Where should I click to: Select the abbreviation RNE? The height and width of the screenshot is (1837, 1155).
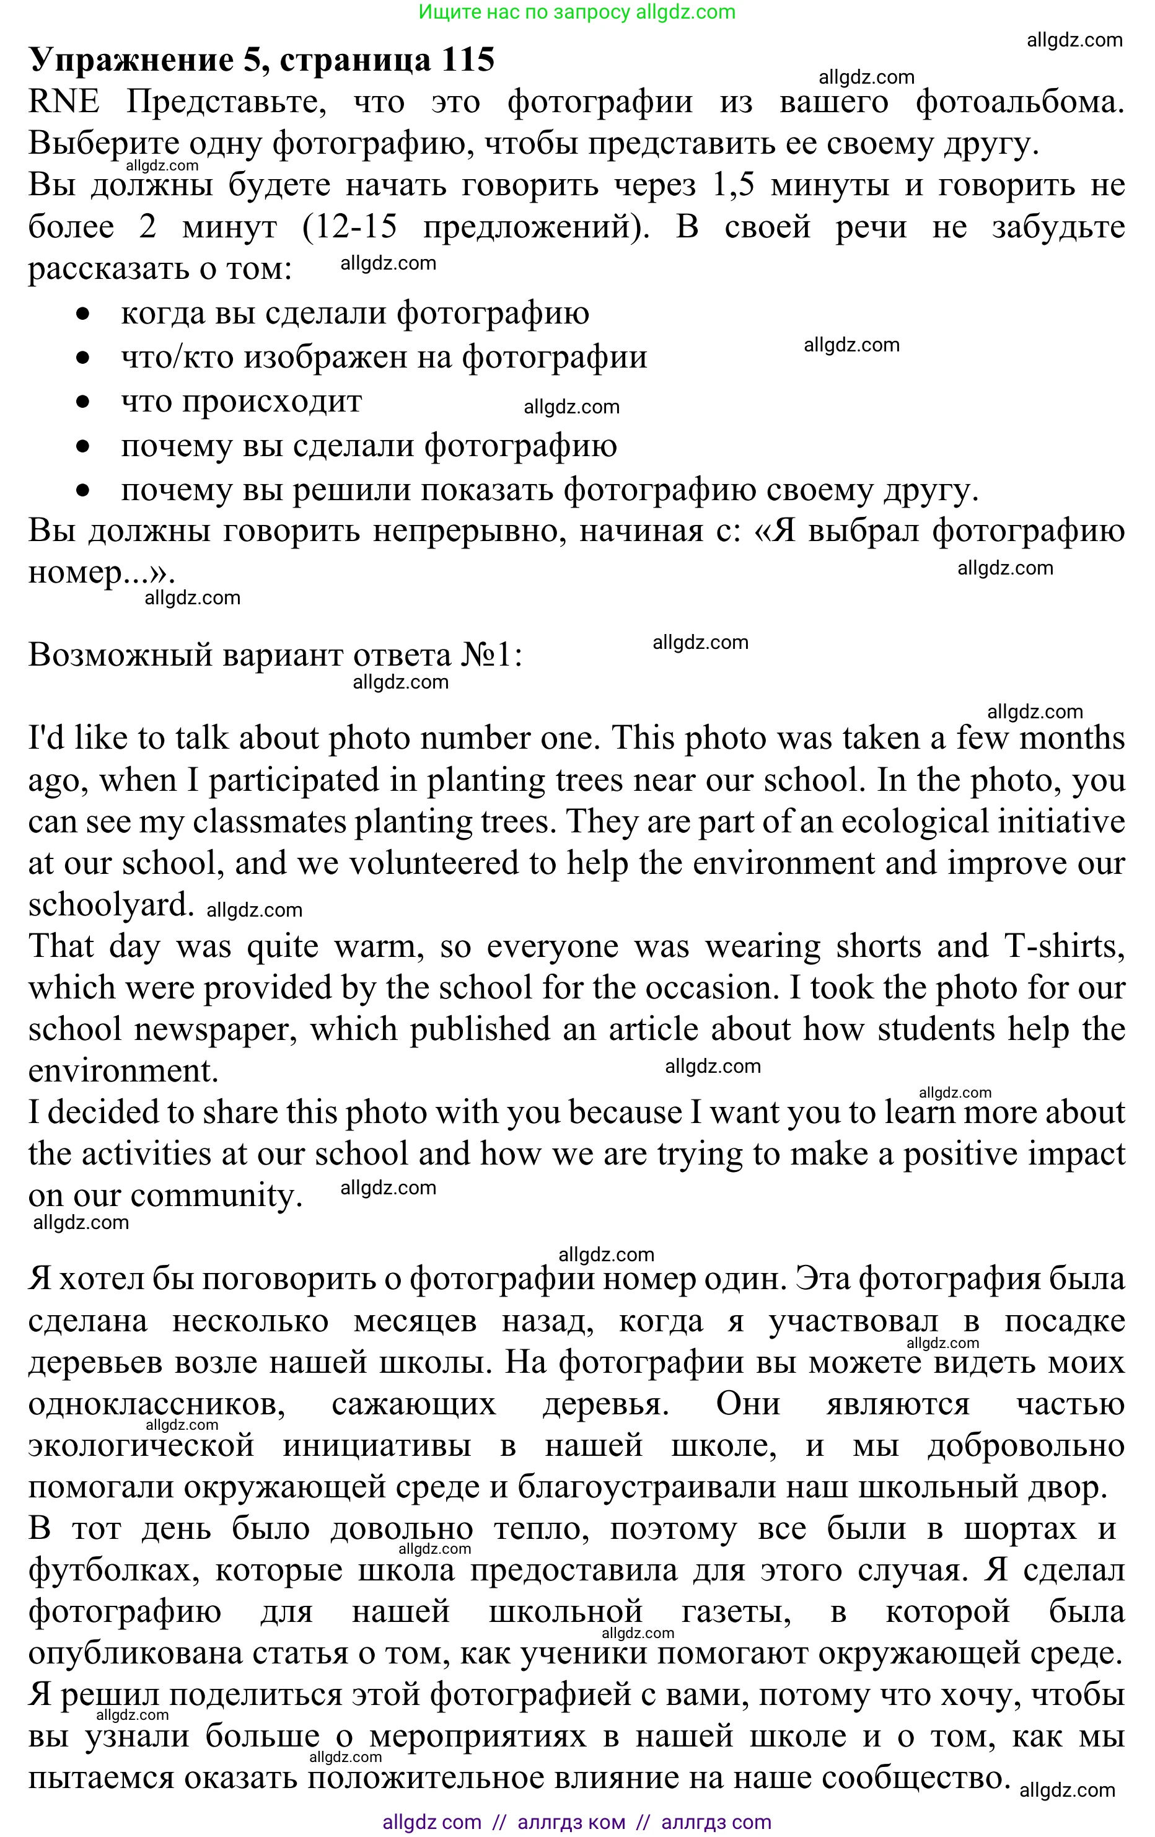[63, 102]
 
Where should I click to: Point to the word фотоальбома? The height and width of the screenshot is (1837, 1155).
[1019, 102]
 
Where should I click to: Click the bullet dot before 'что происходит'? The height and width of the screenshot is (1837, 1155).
[83, 402]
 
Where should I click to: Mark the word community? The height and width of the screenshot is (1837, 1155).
[216, 1196]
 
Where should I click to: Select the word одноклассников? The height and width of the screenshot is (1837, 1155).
[156, 1404]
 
